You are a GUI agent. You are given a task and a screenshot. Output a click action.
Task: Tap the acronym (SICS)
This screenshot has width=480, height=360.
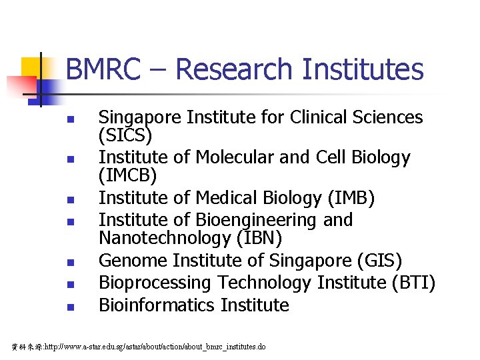[125, 136]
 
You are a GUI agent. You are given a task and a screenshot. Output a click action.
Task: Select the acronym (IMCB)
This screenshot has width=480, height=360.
[127, 176]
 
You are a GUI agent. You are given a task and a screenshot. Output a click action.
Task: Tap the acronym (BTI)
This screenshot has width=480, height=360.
[413, 283]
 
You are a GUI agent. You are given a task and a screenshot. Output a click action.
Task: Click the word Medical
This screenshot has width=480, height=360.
[231, 198]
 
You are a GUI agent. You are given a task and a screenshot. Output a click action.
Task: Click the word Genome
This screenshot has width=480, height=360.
[129, 261]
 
